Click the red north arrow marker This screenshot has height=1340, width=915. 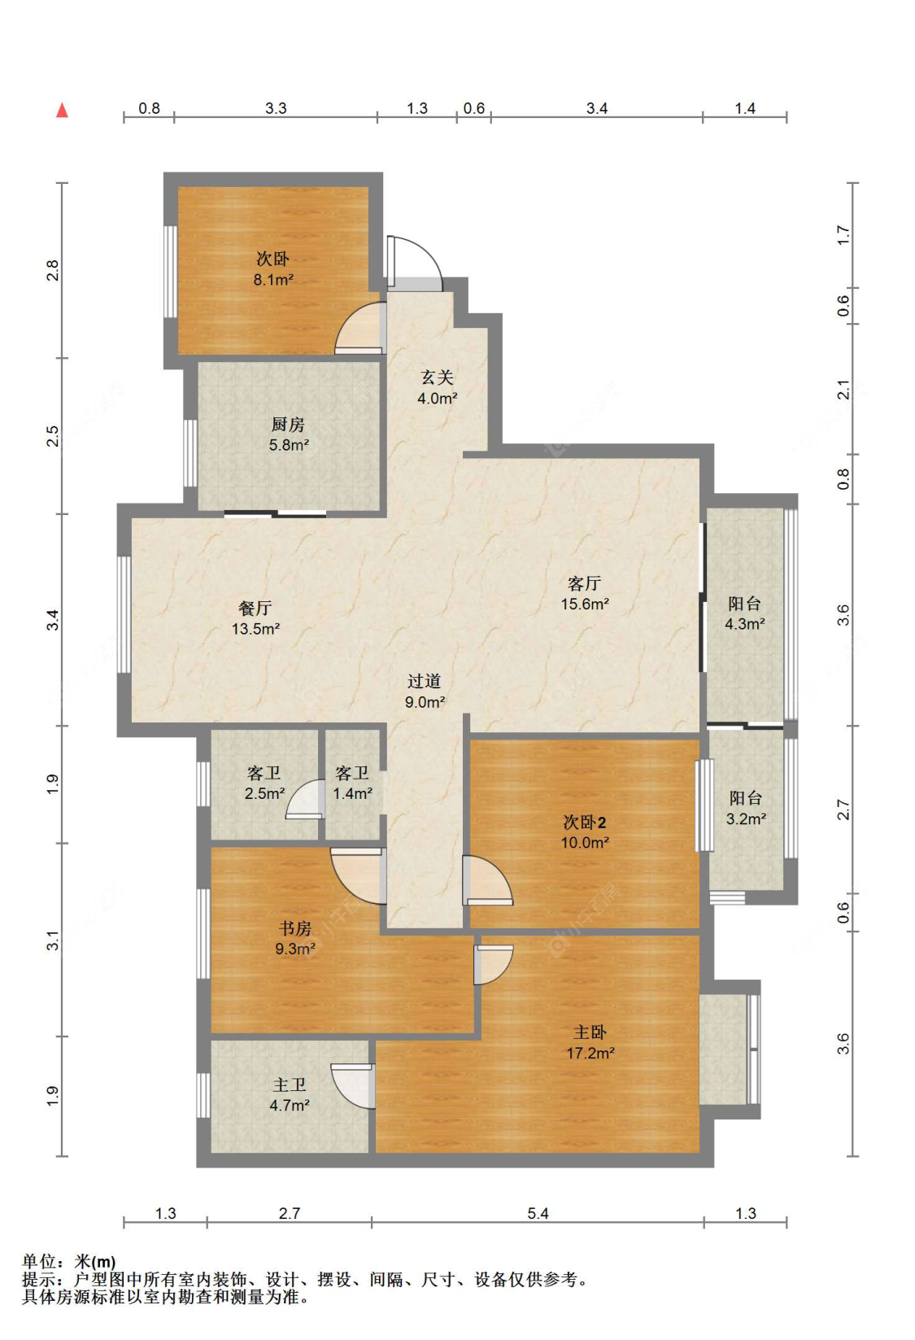[62, 110]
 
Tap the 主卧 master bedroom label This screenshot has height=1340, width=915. [590, 1032]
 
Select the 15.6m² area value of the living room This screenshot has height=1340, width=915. [584, 604]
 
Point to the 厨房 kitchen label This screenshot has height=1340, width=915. [288, 424]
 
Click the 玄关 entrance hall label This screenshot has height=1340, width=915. [438, 377]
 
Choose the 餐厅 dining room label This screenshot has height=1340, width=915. [255, 608]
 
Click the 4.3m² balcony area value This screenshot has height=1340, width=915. [744, 624]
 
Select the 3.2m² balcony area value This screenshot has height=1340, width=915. [746, 818]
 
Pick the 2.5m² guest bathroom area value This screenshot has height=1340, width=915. [264, 793]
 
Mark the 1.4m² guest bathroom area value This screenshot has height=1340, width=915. [352, 793]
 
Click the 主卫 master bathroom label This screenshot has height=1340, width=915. [290, 1085]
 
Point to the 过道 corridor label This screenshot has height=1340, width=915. [424, 681]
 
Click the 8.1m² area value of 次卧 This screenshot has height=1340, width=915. [273, 279]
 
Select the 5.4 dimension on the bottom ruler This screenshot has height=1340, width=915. [538, 1213]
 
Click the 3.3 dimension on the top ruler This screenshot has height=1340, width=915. [276, 108]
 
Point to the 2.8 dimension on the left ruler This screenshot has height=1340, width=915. [53, 270]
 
